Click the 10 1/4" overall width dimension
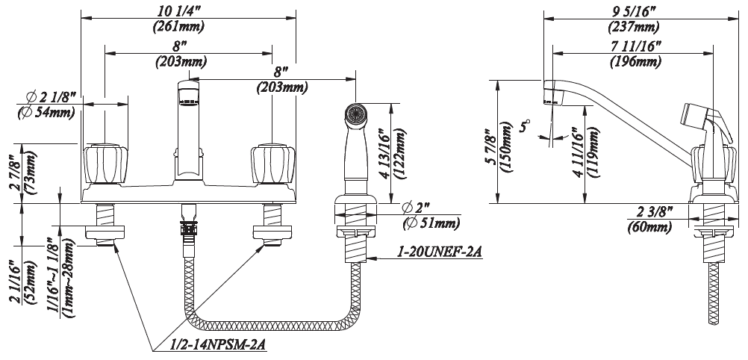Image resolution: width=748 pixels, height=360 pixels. (178, 10)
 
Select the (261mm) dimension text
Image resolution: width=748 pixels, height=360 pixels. (178, 27)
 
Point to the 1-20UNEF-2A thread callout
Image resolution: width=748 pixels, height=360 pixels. (438, 251)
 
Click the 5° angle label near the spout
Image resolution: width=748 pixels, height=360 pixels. (526, 125)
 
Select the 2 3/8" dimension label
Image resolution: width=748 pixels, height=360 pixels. (655, 211)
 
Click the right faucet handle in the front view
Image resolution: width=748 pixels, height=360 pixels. (272, 164)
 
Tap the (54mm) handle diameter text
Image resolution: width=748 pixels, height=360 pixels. (46, 114)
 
